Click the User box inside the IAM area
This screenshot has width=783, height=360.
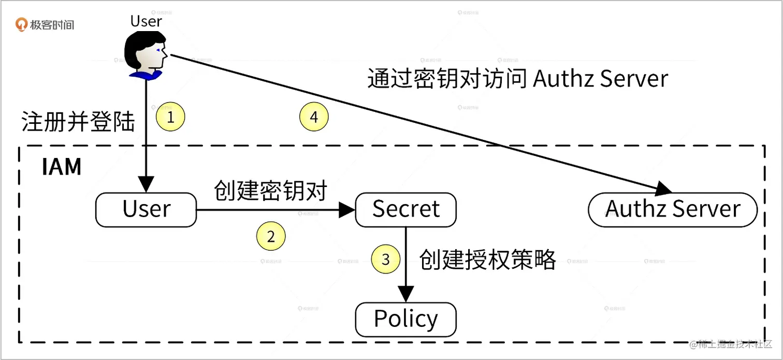146,210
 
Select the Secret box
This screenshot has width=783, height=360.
405,210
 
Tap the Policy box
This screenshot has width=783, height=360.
405,319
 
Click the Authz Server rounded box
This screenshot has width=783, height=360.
673,210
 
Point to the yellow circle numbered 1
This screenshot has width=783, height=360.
170,118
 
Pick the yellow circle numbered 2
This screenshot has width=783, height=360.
271,237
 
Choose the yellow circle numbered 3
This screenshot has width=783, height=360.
386,259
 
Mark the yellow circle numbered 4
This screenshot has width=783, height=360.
314,118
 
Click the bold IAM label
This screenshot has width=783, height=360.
62,167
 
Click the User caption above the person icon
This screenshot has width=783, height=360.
146,21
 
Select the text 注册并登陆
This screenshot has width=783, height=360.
78,123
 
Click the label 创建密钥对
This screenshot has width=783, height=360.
271,191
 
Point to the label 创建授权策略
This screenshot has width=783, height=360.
488,259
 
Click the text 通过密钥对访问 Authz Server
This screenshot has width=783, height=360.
517,79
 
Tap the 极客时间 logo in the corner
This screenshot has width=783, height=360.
45,24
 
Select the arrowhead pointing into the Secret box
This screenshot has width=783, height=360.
347,210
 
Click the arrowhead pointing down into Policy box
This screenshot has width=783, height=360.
405,294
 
